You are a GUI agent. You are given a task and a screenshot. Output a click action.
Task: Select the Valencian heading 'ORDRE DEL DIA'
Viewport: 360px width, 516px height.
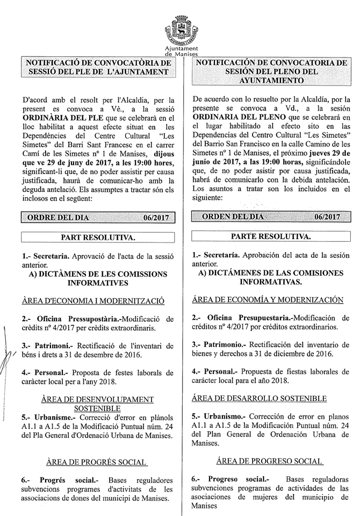[x=59, y=217]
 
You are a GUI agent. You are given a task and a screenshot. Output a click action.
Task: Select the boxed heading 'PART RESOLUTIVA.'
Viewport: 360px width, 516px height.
[x=97, y=236]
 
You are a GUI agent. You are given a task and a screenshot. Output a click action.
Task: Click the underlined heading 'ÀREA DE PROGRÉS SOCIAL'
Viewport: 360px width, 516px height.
[x=97, y=461]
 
